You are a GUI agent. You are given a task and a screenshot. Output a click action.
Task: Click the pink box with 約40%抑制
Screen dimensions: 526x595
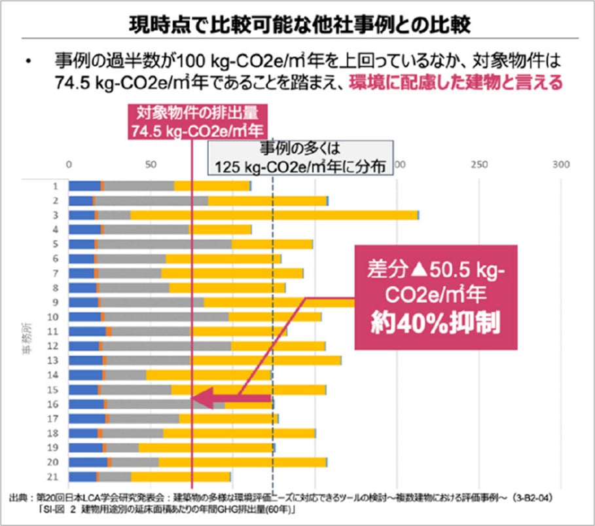tap(435, 297)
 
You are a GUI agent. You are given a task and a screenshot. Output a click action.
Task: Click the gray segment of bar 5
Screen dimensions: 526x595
tap(164, 244)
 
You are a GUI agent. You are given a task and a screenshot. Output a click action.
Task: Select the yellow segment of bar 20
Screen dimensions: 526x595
tap(242, 462)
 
